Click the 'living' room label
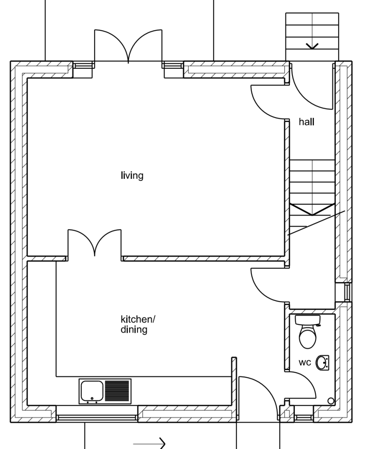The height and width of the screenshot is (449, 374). [132, 176]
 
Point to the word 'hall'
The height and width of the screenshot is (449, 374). [307, 122]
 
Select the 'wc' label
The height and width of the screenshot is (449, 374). [305, 363]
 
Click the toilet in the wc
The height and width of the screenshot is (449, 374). [308, 333]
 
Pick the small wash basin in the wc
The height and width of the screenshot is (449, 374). [323, 363]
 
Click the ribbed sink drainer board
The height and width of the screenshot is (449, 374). [117, 390]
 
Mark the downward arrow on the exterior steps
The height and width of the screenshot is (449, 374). [312, 46]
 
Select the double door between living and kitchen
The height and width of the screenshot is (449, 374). [95, 243]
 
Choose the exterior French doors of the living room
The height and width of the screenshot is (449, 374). [128, 46]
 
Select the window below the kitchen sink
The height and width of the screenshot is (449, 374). [97, 417]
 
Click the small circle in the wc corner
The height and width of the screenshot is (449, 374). [331, 401]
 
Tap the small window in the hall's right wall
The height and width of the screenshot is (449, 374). [347, 292]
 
